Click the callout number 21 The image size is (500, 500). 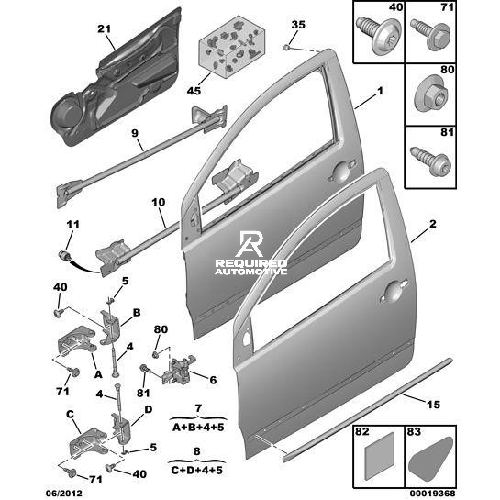point(104,29)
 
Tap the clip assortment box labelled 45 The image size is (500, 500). point(232,47)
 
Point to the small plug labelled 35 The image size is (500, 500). point(286,48)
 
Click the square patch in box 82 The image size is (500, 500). point(379,456)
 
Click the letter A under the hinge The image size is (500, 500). point(98,374)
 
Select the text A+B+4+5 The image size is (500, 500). point(198,427)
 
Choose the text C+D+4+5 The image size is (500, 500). point(196,470)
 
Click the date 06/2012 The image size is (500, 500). point(63,493)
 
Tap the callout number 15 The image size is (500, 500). point(433,405)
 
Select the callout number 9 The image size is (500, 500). point(135,133)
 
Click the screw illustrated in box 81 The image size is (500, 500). point(430,161)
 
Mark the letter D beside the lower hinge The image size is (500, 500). point(149,409)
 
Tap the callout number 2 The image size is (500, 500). point(432,224)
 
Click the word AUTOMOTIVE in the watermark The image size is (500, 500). point(250,272)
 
